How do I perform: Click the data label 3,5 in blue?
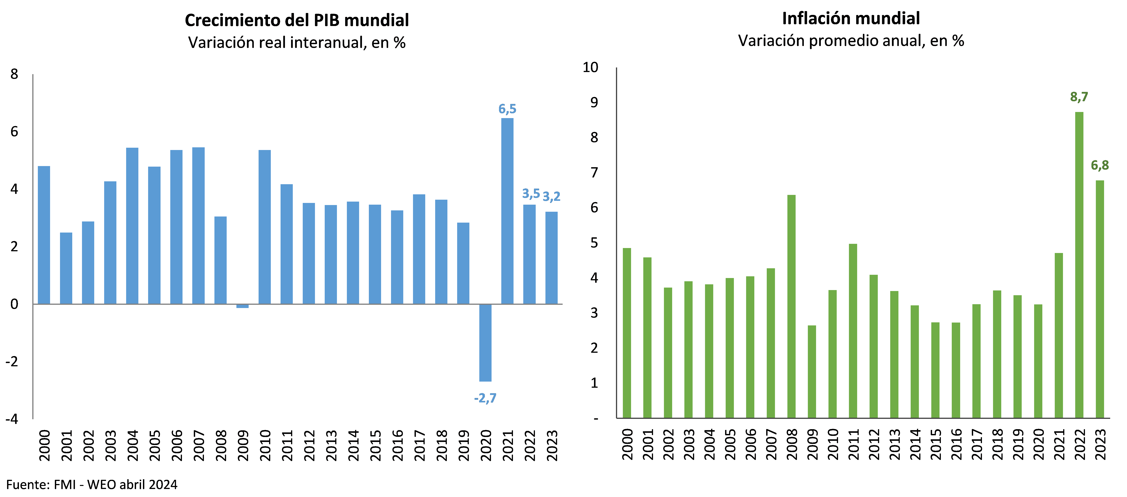point(531,193)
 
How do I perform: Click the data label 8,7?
point(1079,97)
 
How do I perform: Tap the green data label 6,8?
point(1099,165)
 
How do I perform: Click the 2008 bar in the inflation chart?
point(791,306)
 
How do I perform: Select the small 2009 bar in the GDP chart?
point(242,306)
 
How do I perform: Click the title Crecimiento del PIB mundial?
point(297,20)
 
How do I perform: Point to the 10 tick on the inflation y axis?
point(590,67)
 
